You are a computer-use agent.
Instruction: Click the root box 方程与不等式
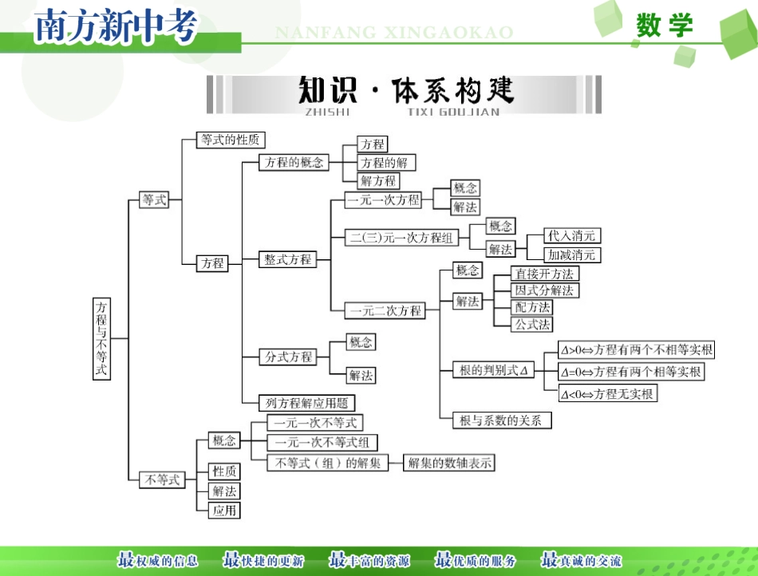(x=101, y=338)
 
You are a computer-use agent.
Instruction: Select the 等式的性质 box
(x=230, y=139)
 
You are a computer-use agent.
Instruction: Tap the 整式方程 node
(x=288, y=259)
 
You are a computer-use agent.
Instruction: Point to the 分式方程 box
(x=288, y=357)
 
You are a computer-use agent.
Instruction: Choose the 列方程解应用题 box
(x=307, y=403)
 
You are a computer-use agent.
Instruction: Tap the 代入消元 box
(x=571, y=235)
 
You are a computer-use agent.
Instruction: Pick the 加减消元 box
(x=571, y=255)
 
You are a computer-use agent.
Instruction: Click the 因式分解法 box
(x=545, y=290)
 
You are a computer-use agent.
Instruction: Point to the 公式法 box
(x=532, y=324)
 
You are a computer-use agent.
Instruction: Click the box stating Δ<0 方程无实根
(x=608, y=394)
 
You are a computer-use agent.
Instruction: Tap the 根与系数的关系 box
(x=500, y=420)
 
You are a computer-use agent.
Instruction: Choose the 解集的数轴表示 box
(x=449, y=463)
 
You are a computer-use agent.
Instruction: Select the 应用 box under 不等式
(x=224, y=510)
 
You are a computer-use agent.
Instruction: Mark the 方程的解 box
(x=385, y=162)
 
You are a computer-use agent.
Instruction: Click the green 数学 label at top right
(x=665, y=26)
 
